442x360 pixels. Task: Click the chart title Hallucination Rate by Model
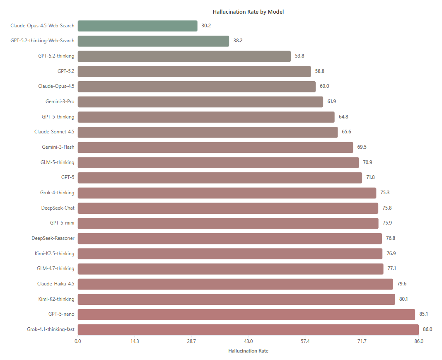click(248, 12)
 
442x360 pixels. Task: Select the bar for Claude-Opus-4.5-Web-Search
click(138, 26)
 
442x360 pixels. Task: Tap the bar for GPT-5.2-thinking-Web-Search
click(153, 41)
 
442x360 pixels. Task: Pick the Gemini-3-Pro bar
click(200, 102)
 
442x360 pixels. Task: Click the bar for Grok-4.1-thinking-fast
click(249, 330)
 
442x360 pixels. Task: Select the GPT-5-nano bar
click(246, 314)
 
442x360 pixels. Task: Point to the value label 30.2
click(206, 26)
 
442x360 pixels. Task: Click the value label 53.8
click(299, 56)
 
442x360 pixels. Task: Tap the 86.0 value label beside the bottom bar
click(428, 329)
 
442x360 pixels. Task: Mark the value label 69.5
click(362, 147)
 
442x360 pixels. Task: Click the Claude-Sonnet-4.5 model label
click(54, 132)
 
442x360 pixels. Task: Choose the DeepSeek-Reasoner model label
click(53, 238)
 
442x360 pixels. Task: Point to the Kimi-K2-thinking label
click(56, 299)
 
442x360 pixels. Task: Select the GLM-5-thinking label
click(58, 162)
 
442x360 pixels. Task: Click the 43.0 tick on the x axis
click(249, 341)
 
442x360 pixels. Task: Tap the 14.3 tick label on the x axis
click(135, 341)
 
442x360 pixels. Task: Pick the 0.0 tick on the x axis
click(78, 341)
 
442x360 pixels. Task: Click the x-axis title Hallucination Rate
click(249, 351)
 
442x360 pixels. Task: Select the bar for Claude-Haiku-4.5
click(235, 284)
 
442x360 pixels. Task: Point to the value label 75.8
click(387, 208)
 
